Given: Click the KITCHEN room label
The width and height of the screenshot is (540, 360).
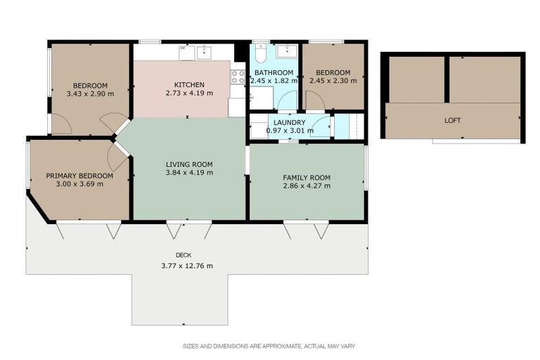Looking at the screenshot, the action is click(189, 85).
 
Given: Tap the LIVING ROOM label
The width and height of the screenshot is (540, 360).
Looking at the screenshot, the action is click(189, 165).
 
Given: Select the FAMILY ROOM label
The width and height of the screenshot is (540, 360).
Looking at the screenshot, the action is click(307, 178).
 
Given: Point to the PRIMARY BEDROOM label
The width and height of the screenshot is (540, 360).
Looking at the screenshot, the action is click(79, 176).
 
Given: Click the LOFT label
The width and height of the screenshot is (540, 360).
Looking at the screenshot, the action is click(453, 120).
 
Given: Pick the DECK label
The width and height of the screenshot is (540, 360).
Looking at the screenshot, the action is click(184, 255).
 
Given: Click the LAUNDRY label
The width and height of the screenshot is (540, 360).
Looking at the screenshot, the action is click(289, 122).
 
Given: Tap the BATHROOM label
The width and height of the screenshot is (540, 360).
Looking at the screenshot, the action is click(274, 72).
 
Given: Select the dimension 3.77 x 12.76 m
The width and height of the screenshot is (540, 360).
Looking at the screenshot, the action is click(187, 266).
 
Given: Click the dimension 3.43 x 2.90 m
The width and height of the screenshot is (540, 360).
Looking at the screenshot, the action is click(90, 94).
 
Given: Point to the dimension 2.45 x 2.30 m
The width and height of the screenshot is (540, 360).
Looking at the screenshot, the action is click(333, 81).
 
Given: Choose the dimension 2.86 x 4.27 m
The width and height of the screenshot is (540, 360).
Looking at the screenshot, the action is click(307, 186).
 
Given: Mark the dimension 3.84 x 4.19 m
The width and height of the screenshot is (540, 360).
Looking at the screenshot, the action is click(189, 172).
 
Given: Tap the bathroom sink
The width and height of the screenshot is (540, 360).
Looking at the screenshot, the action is click(287, 51).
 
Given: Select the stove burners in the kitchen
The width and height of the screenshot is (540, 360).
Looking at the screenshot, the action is click(238, 77).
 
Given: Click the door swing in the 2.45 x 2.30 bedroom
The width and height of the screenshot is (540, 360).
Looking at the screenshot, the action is click(315, 101).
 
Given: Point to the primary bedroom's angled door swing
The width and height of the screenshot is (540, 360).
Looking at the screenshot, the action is click(118, 157).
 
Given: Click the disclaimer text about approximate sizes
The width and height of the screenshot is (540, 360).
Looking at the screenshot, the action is click(269, 346).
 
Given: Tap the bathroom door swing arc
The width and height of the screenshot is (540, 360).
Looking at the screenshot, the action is click(287, 100).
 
